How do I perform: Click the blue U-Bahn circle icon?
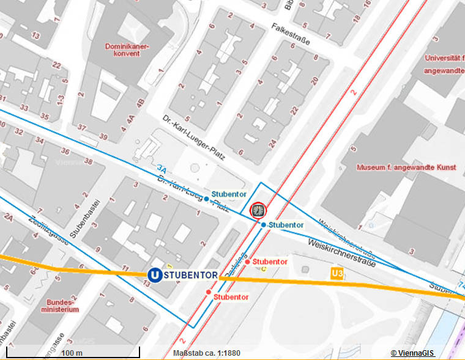(155, 276)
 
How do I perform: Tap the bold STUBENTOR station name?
(191, 276)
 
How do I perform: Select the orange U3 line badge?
(336, 273)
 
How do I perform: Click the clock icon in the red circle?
(259, 210)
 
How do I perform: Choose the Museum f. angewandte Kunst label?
(407, 167)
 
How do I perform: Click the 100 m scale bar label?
(72, 353)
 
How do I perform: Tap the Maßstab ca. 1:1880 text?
(207, 353)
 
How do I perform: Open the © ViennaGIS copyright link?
(413, 353)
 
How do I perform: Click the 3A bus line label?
(162, 168)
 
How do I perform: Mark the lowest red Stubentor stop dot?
(209, 293)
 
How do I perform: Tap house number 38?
(88, 162)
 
